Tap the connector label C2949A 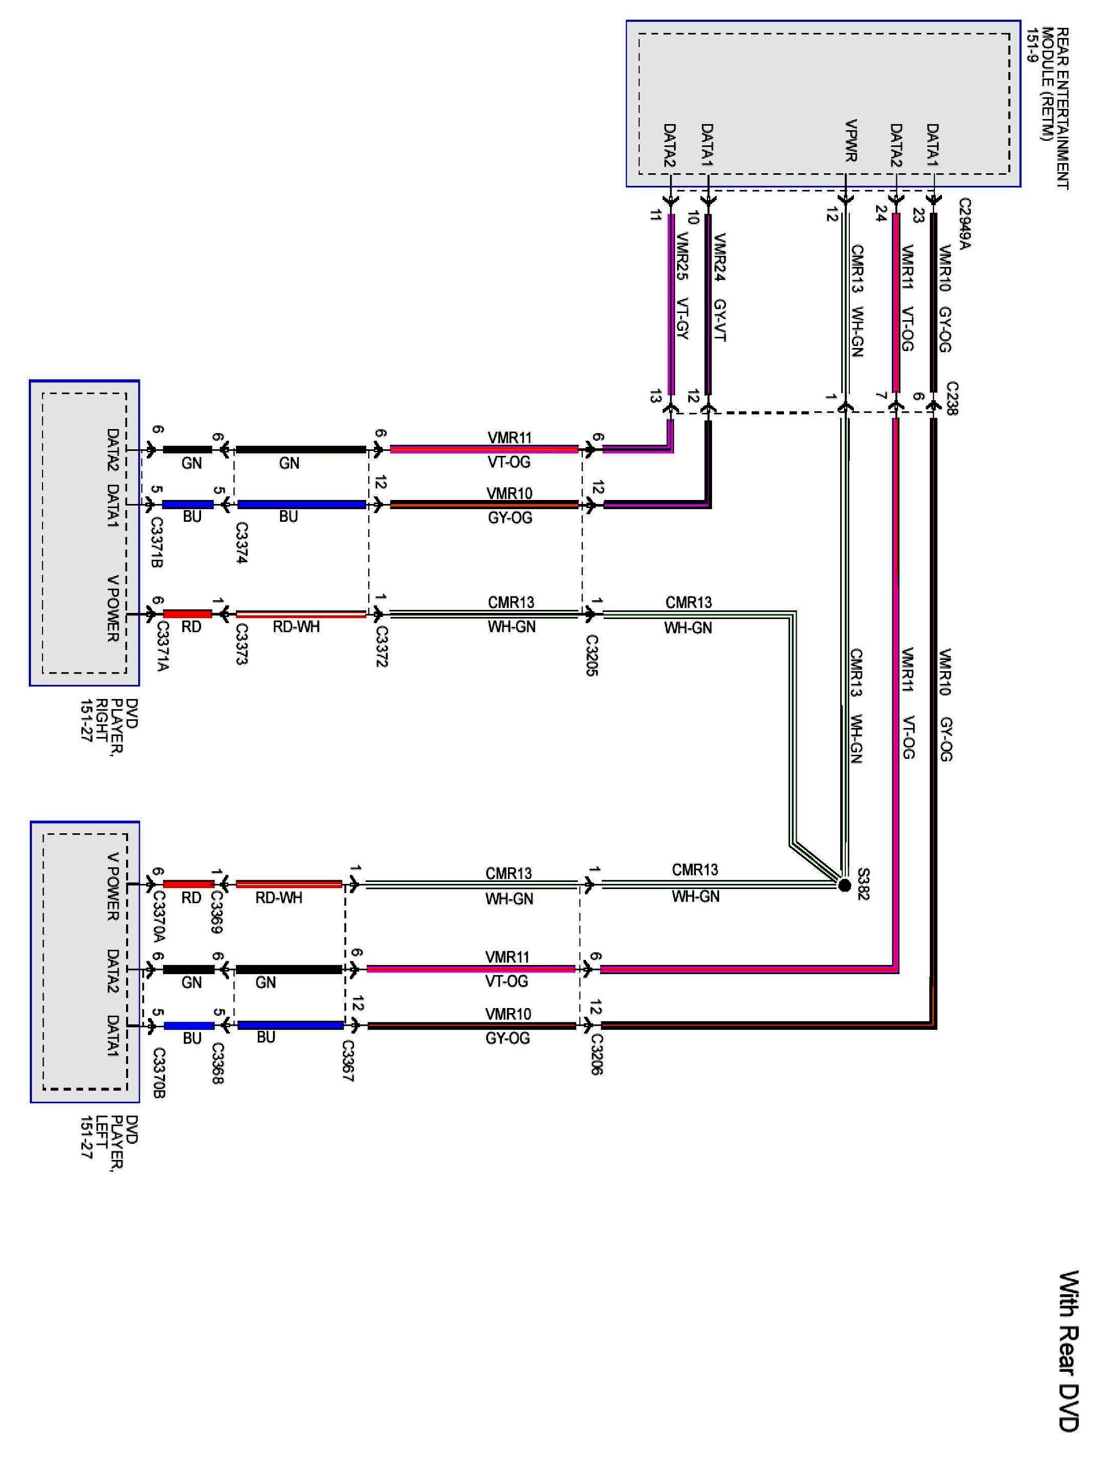click(x=964, y=224)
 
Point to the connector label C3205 click(x=592, y=655)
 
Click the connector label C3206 click(x=595, y=1054)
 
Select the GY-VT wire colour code click(x=719, y=321)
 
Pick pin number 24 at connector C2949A click(x=880, y=213)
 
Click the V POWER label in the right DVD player click(x=113, y=608)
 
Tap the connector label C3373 click(x=241, y=644)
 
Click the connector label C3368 click(x=216, y=1063)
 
